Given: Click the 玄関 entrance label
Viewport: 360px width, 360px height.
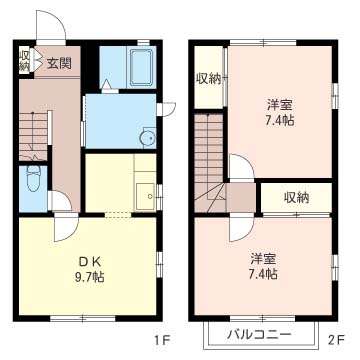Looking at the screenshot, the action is pyautogui.click(x=59, y=63).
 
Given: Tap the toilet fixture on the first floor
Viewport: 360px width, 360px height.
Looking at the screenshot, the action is pyautogui.click(x=33, y=178).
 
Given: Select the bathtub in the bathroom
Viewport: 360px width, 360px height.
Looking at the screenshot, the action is pyautogui.click(x=142, y=67).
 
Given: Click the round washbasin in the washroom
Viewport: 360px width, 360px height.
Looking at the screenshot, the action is pyautogui.click(x=147, y=138).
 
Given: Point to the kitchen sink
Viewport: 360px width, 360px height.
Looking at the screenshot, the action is pyautogui.click(x=146, y=196).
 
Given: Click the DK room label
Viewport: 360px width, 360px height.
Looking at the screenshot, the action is pyautogui.click(x=89, y=262).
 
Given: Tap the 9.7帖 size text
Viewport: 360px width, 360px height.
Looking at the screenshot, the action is pyautogui.click(x=89, y=277).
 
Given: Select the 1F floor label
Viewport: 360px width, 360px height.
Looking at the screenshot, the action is pyautogui.click(x=162, y=341).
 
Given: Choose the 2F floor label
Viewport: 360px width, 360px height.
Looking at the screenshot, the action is pyautogui.click(x=336, y=341).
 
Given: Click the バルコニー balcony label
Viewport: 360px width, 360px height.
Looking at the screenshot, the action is pyautogui.click(x=259, y=334).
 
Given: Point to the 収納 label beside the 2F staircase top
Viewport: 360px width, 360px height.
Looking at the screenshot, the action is pyautogui.click(x=208, y=78).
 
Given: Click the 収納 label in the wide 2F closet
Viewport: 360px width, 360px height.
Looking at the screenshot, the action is pyautogui.click(x=296, y=198).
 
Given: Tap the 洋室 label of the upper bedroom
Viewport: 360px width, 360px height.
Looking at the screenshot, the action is pyautogui.click(x=279, y=105).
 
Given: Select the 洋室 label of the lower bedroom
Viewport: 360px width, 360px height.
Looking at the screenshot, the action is pyautogui.click(x=263, y=259).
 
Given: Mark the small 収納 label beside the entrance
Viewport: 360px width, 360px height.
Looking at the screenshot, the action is pyautogui.click(x=24, y=60).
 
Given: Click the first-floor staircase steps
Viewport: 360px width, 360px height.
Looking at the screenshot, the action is pyautogui.click(x=33, y=136).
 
